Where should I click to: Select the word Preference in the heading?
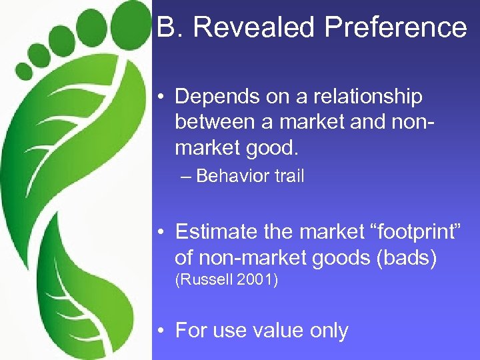397,27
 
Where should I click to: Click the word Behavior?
229,177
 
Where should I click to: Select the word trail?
287,177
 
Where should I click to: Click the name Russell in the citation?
203,281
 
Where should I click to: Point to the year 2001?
257,281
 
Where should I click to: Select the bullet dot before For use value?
162,331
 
